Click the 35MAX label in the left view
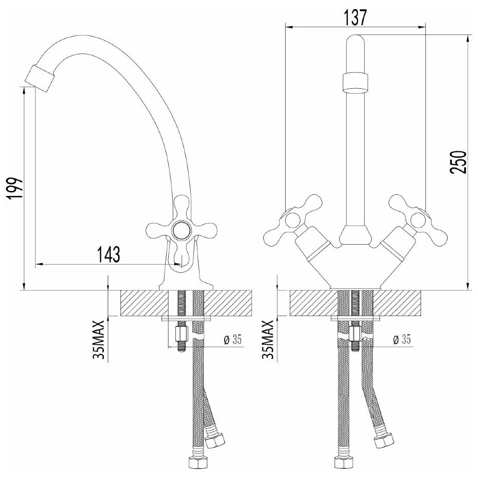(101, 340)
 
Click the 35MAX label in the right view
(270, 340)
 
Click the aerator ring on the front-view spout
(354, 82)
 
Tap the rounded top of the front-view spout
(354, 44)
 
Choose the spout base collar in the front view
(354, 234)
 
